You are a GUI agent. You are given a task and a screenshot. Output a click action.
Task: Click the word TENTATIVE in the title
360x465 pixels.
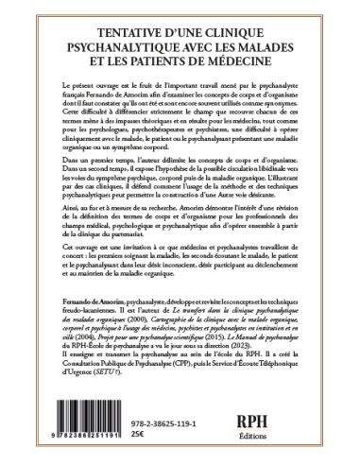click(103, 26)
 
